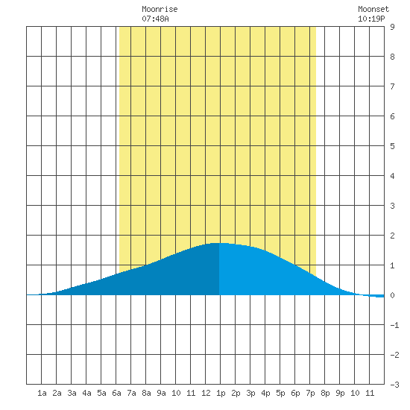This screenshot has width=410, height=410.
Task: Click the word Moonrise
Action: (160, 9)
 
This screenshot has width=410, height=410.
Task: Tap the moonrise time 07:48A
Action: (155, 19)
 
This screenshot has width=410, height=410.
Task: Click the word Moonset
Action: (373, 9)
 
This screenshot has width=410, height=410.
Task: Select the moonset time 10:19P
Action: (371, 19)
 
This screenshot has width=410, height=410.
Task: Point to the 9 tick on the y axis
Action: (392, 27)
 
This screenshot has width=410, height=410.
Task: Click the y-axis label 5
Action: (392, 146)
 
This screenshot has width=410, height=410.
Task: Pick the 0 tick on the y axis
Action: (392, 295)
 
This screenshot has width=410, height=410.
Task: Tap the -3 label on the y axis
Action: (394, 385)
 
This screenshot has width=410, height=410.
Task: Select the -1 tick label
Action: (394, 325)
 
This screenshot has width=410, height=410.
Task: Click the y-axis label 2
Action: (392, 236)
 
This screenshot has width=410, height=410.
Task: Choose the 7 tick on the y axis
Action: (392, 86)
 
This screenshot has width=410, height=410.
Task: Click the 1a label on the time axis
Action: (42, 393)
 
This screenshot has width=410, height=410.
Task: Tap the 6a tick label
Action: (116, 393)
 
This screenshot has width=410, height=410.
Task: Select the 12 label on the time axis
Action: (206, 393)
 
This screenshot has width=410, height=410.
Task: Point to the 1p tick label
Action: (221, 393)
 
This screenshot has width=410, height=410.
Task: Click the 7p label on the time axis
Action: (310, 393)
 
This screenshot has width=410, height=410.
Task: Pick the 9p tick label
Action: (340, 393)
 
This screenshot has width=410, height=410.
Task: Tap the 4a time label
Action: (86, 393)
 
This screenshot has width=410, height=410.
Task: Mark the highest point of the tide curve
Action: (219, 243)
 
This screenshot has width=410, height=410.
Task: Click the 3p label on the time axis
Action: (250, 393)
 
